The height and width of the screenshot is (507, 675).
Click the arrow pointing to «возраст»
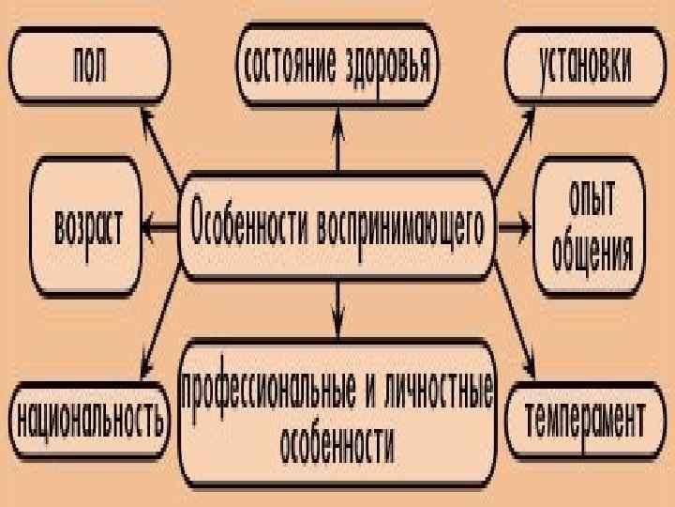[x=159, y=226]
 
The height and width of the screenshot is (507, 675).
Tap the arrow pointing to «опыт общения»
[x=514, y=226]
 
